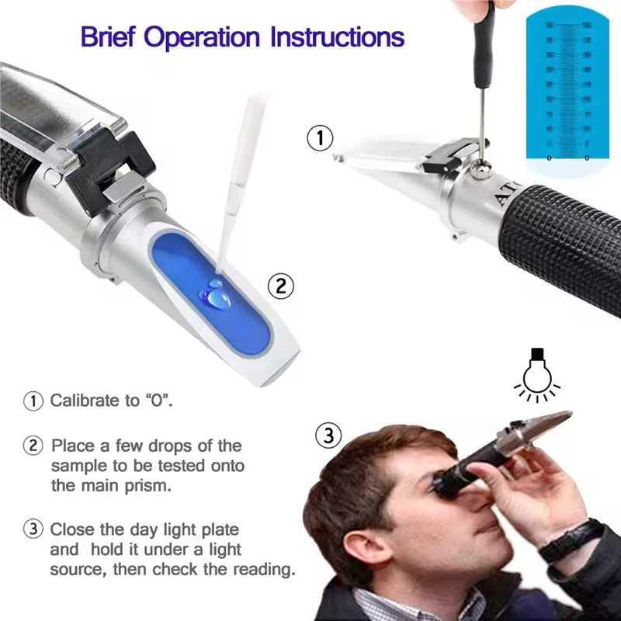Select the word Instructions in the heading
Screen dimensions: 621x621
(336, 36)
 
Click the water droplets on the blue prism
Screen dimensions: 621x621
(213, 294)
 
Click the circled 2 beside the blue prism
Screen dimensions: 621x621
(281, 286)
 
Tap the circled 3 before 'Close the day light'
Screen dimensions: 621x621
(33, 530)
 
